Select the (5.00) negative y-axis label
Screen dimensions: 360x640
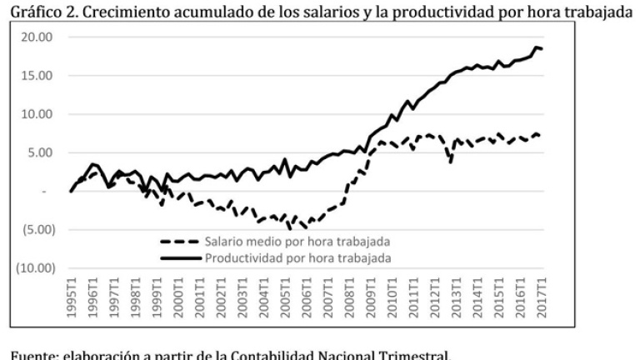coord(36,229)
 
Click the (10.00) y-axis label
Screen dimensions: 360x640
coord(33,268)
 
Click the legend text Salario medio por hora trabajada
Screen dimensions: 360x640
coord(298,242)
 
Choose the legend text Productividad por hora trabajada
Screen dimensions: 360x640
coord(298,257)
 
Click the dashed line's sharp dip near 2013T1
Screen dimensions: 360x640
coord(451,162)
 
